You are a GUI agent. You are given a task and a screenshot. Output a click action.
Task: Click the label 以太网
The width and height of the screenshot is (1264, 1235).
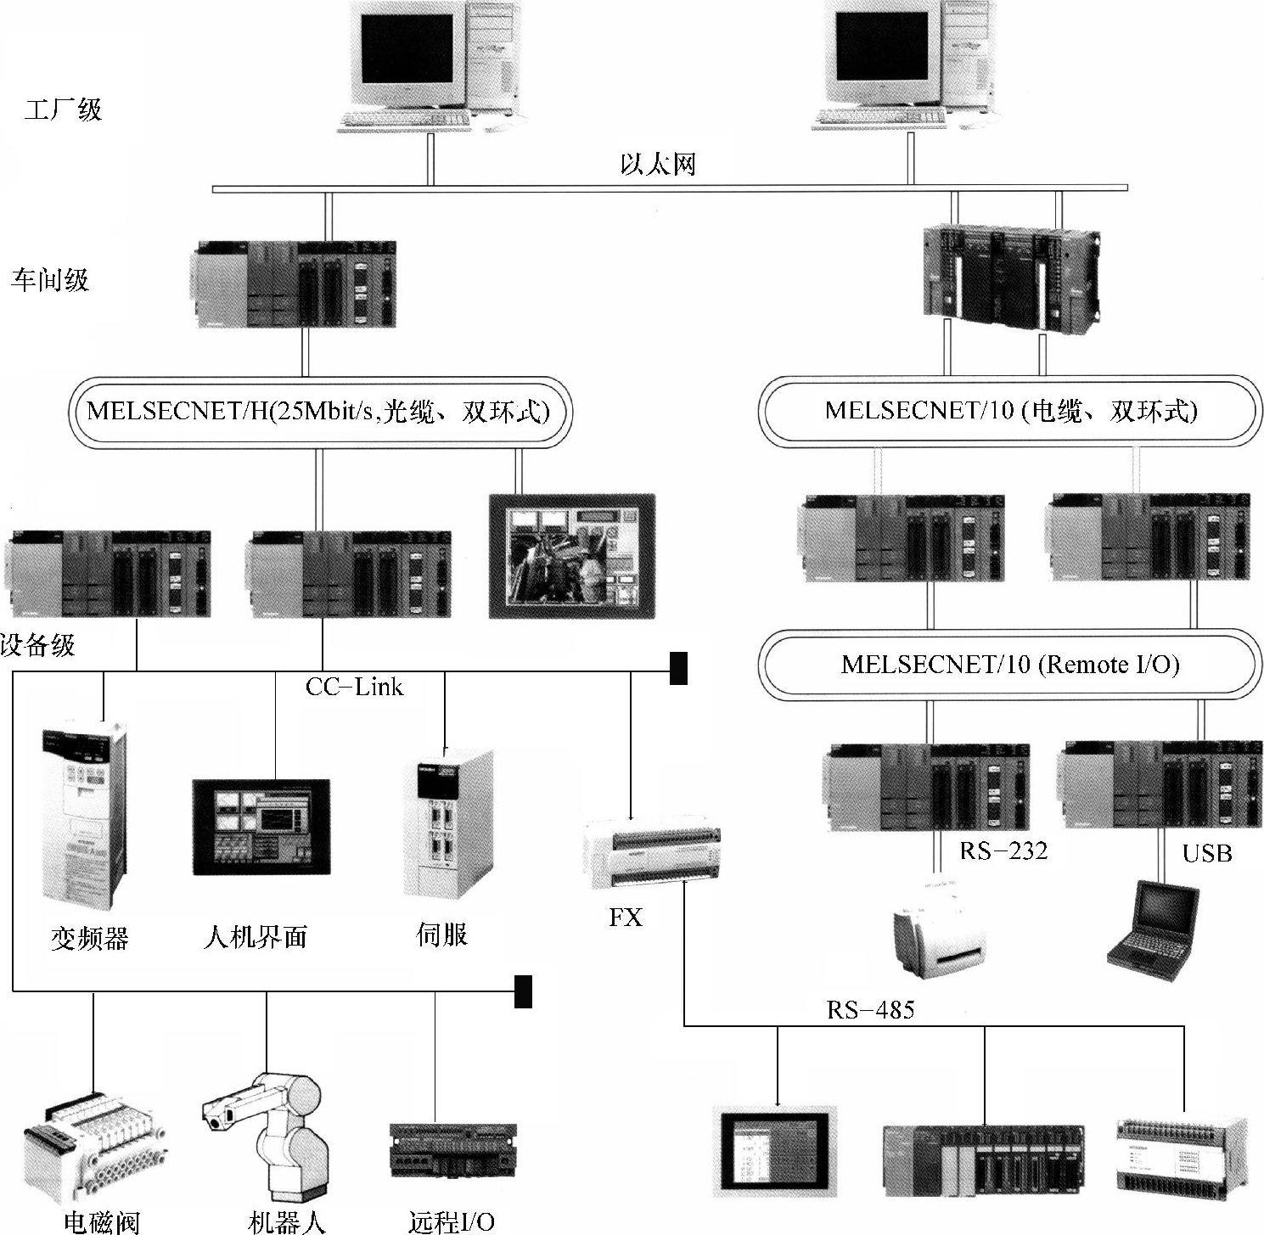pos(657,164)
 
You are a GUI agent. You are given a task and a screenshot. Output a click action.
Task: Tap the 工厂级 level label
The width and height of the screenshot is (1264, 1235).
pos(64,109)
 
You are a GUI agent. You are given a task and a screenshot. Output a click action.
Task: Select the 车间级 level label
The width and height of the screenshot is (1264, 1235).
pos(50,280)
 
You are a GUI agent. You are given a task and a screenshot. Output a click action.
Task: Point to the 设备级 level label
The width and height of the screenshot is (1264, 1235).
pos(38,645)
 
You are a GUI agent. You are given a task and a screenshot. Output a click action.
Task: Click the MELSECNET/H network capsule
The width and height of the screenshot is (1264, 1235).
pos(318,412)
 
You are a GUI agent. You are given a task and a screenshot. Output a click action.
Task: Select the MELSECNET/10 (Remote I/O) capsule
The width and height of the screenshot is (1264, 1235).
pos(1009,665)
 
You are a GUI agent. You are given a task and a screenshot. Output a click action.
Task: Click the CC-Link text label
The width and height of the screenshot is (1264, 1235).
pos(354,687)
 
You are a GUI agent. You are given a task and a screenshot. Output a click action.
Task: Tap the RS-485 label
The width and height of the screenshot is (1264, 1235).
pos(871,1009)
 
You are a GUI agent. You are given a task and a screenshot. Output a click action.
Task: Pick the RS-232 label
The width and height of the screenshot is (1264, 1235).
pos(1003,850)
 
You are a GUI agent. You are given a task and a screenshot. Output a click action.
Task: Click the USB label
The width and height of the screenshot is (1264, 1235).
pos(1206,853)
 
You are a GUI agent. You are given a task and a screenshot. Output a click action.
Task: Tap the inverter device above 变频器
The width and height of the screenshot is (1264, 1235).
pos(82,812)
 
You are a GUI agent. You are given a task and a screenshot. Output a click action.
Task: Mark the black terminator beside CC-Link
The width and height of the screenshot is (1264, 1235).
pos(678,668)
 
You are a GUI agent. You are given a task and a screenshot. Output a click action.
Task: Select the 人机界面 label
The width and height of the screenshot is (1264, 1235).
pos(255,936)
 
